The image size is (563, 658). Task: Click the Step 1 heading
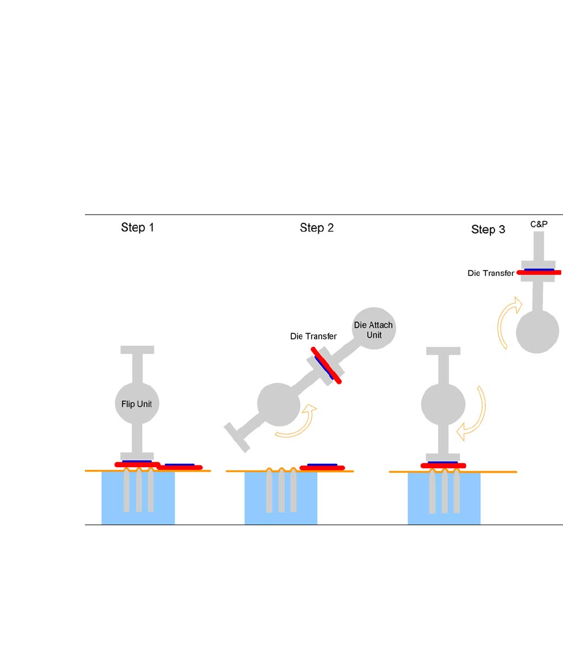click(x=137, y=228)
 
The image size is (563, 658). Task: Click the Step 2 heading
click(x=317, y=228)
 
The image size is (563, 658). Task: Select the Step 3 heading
click(x=488, y=230)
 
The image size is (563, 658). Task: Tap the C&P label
click(x=539, y=223)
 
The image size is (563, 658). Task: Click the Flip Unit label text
click(x=137, y=404)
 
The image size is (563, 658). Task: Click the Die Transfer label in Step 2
click(x=313, y=336)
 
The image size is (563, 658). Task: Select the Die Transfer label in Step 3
click(x=490, y=273)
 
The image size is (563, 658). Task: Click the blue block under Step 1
click(x=138, y=498)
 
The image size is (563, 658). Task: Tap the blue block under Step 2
click(x=281, y=498)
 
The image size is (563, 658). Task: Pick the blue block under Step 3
click(x=444, y=498)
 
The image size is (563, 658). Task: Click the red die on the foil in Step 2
click(x=322, y=467)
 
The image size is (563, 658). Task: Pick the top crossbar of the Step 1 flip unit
click(x=137, y=350)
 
